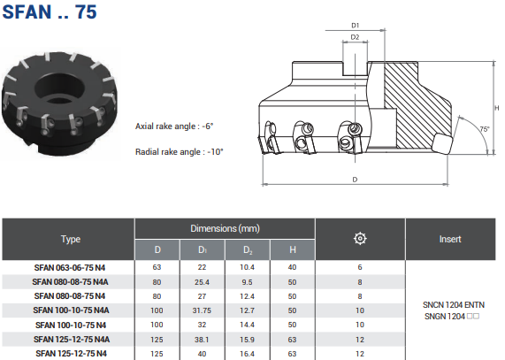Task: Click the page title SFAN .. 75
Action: coord(50,11)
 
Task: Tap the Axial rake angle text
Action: coord(174,126)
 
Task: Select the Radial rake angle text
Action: coord(179,151)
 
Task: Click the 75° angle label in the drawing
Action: coord(485,129)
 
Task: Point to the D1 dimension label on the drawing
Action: coord(355,26)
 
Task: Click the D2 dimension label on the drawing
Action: coord(355,37)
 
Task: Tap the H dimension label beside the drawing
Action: coord(497,108)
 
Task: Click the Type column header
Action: coord(71,239)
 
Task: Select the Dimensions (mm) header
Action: coord(225,228)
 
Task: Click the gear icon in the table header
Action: coord(360,239)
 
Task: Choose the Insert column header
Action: coord(450,239)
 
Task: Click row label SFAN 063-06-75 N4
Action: coord(70,268)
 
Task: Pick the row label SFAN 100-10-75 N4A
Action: coord(71,310)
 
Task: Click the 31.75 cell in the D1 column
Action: coord(202,310)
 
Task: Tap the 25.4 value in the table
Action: coord(202,282)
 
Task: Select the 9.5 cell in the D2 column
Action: coord(247,282)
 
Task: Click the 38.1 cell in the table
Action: coord(202,340)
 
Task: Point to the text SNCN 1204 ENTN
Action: coord(454,305)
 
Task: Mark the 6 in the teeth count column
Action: coord(360,268)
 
